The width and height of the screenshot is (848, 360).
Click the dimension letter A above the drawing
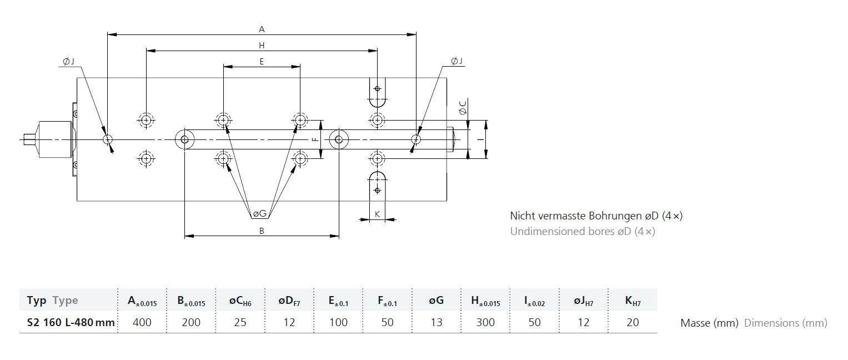(x=262, y=29)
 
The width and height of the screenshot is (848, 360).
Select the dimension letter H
(x=262, y=46)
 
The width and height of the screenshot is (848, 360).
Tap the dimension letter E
(x=262, y=62)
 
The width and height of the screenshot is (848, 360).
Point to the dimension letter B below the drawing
(x=262, y=231)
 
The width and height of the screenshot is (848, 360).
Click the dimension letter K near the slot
(x=377, y=214)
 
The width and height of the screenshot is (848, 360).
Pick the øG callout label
(x=260, y=214)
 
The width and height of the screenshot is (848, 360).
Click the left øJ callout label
(x=68, y=61)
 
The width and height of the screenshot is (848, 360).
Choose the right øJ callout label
(x=456, y=61)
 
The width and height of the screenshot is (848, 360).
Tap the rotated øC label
(x=463, y=108)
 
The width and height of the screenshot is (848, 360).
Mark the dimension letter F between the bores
(x=315, y=139)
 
